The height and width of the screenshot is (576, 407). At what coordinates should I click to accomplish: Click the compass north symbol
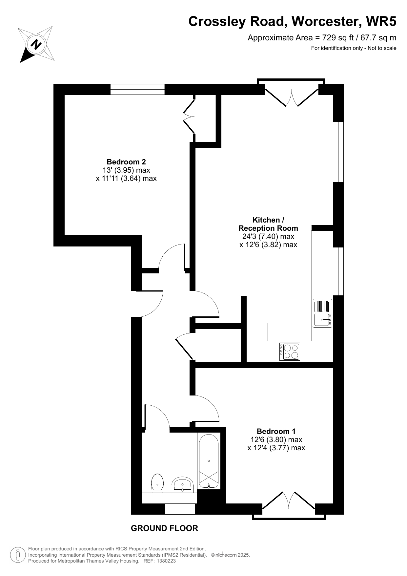(x=36, y=44)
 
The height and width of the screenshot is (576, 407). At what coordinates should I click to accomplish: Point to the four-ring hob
(x=290, y=352)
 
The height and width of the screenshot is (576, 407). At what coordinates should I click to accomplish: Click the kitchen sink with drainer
(x=323, y=313)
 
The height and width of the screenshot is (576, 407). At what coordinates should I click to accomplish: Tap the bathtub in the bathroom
(x=209, y=461)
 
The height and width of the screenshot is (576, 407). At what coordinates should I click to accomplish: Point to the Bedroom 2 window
(x=137, y=89)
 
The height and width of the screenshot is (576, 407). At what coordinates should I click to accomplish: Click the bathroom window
(x=180, y=509)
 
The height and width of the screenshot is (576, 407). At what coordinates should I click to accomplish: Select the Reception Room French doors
(x=292, y=93)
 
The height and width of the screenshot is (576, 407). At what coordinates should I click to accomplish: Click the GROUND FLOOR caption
(x=164, y=528)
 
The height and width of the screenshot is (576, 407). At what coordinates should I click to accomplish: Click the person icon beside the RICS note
(x=18, y=555)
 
